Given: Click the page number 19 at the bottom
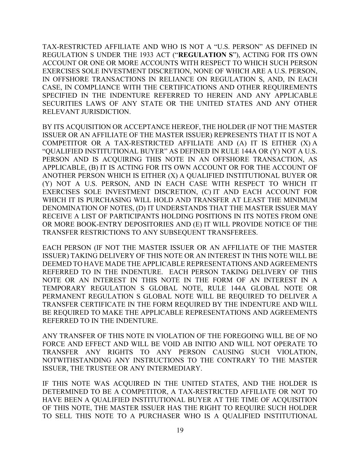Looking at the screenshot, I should pyautogui.click(x=180, y=430).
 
